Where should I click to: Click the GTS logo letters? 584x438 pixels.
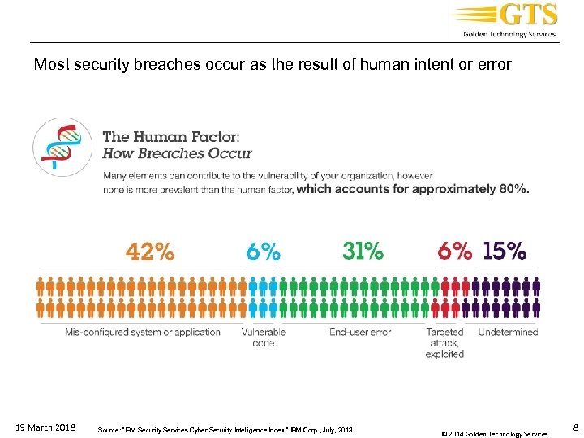click(x=528, y=15)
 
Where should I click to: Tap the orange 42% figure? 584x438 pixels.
click(x=149, y=251)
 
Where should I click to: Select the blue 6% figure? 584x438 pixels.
click(x=264, y=251)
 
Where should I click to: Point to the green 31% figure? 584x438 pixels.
click(x=363, y=251)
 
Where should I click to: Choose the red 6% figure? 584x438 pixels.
click(x=454, y=251)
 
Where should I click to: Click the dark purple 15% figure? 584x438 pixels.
click(x=504, y=251)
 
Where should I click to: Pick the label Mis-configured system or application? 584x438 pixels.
click(x=143, y=332)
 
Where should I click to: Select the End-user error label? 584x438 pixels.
click(x=360, y=332)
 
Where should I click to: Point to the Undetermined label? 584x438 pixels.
click(x=508, y=332)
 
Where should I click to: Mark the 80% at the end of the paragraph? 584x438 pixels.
click(x=513, y=189)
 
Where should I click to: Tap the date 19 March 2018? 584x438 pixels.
click(x=46, y=427)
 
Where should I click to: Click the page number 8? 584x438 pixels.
click(x=574, y=427)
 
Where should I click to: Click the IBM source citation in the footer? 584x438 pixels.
click(x=224, y=428)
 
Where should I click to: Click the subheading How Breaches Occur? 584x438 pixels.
click(x=177, y=152)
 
